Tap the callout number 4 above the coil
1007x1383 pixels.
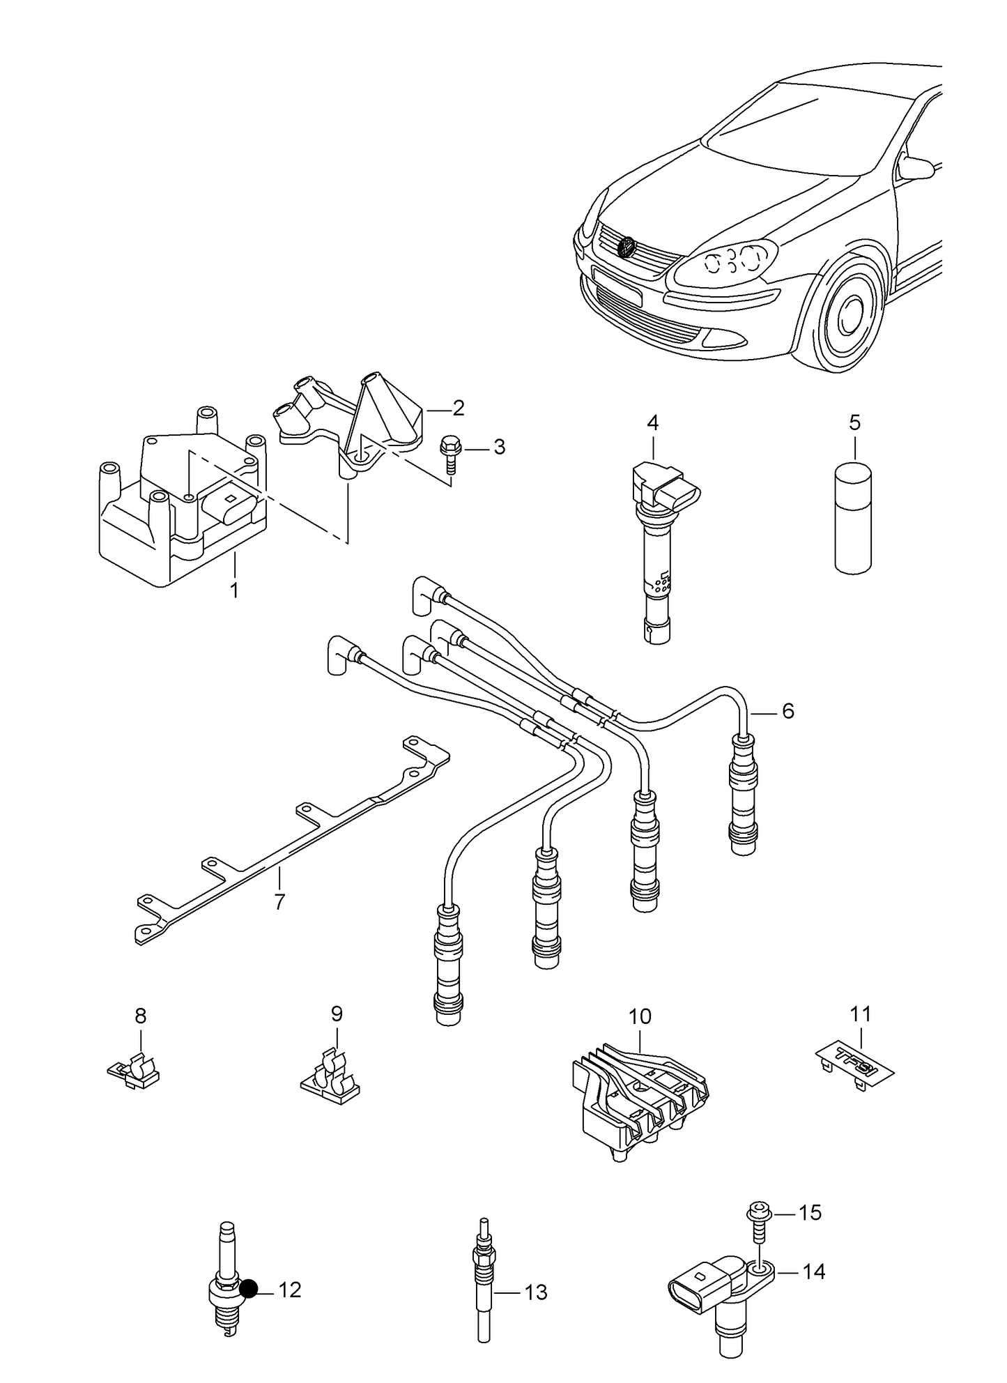click(652, 422)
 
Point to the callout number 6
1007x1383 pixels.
click(787, 711)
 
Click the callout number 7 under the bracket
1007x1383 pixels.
click(279, 901)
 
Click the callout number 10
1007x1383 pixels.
click(640, 1017)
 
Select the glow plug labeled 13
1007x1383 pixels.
click(482, 1290)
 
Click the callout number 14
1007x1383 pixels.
click(813, 1271)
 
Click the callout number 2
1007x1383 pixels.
click(458, 408)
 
